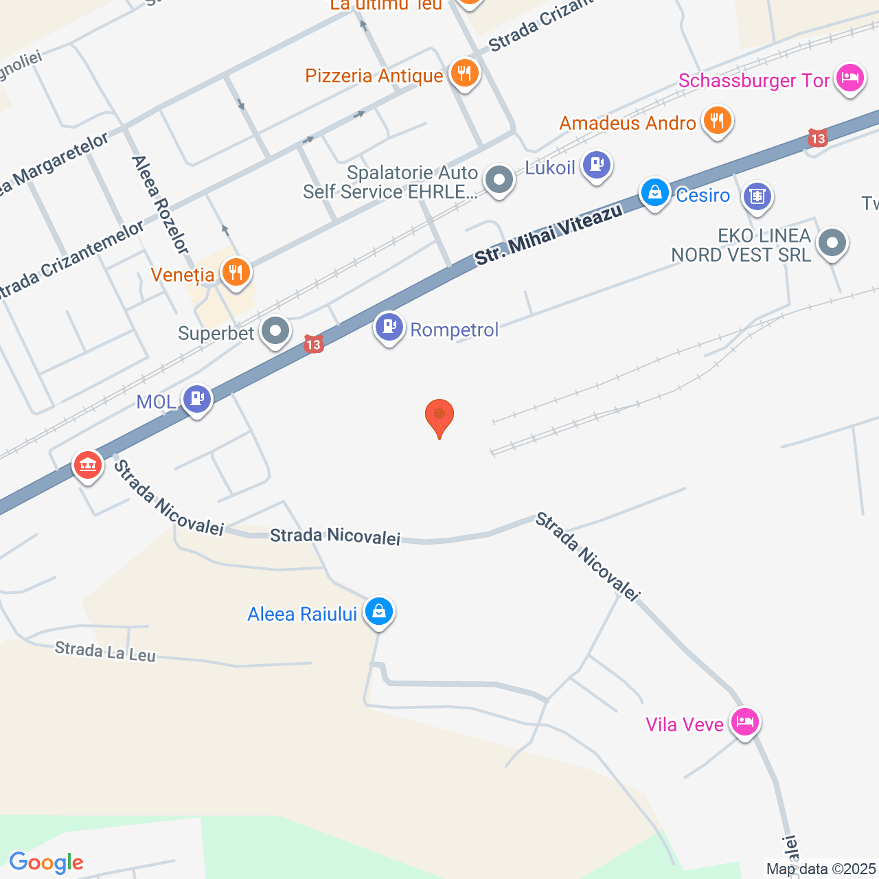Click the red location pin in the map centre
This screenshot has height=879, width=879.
coord(439,416)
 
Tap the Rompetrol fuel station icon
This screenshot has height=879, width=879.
coord(389,328)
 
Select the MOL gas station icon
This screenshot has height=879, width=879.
coord(197,399)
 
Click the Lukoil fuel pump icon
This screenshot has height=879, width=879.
coord(596,165)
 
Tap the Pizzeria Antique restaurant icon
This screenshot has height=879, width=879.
coord(465,73)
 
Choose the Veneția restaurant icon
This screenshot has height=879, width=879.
coord(236,273)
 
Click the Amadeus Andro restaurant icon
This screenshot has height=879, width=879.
coord(718,122)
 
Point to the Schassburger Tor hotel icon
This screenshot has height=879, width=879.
coord(849,78)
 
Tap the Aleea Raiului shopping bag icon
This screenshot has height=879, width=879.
coord(378,611)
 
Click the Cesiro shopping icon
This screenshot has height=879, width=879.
coord(655,193)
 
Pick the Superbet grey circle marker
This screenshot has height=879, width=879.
coord(276,332)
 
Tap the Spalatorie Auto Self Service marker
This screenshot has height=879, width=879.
coord(499,181)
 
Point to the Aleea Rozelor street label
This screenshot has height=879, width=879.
coord(160,204)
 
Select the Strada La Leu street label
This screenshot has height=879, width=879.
coord(105,651)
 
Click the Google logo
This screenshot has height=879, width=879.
coord(46,863)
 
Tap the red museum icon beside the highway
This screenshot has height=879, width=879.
coord(87,466)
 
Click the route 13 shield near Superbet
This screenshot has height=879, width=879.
coord(314,344)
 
